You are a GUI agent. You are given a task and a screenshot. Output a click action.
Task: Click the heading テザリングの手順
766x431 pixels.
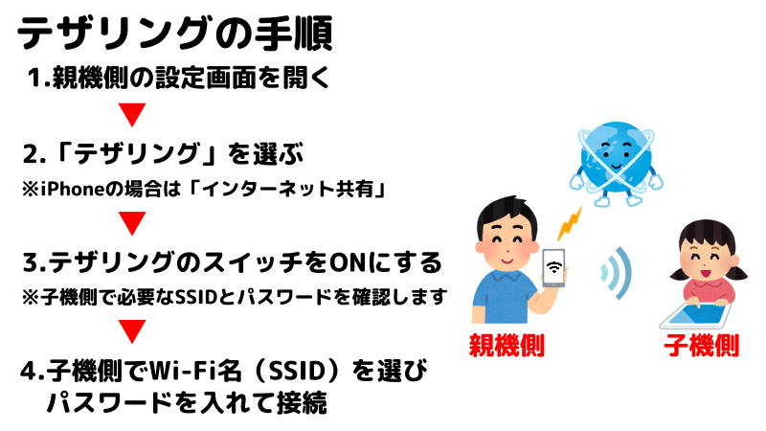pyautogui.click(x=175, y=34)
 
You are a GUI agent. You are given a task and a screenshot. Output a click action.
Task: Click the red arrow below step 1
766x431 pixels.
pyautogui.click(x=132, y=114)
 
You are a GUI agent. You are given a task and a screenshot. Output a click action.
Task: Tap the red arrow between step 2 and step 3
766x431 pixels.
pyautogui.click(x=132, y=223)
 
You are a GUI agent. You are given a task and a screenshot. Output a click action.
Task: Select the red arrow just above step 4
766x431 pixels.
pyautogui.click(x=132, y=330)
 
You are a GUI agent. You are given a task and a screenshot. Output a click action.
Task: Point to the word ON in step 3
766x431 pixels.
pyautogui.click(x=348, y=262)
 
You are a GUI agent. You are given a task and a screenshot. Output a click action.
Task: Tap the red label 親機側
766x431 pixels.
pyautogui.click(x=507, y=346)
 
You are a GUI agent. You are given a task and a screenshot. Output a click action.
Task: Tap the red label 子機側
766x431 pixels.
pyautogui.click(x=701, y=346)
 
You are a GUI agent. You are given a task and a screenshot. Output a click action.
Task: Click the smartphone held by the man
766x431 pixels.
pyautogui.click(x=553, y=267)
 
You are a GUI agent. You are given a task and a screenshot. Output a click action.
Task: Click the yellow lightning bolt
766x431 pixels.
pyautogui.click(x=570, y=223)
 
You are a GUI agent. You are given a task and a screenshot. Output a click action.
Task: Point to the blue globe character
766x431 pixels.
pyautogui.click(x=616, y=164)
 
